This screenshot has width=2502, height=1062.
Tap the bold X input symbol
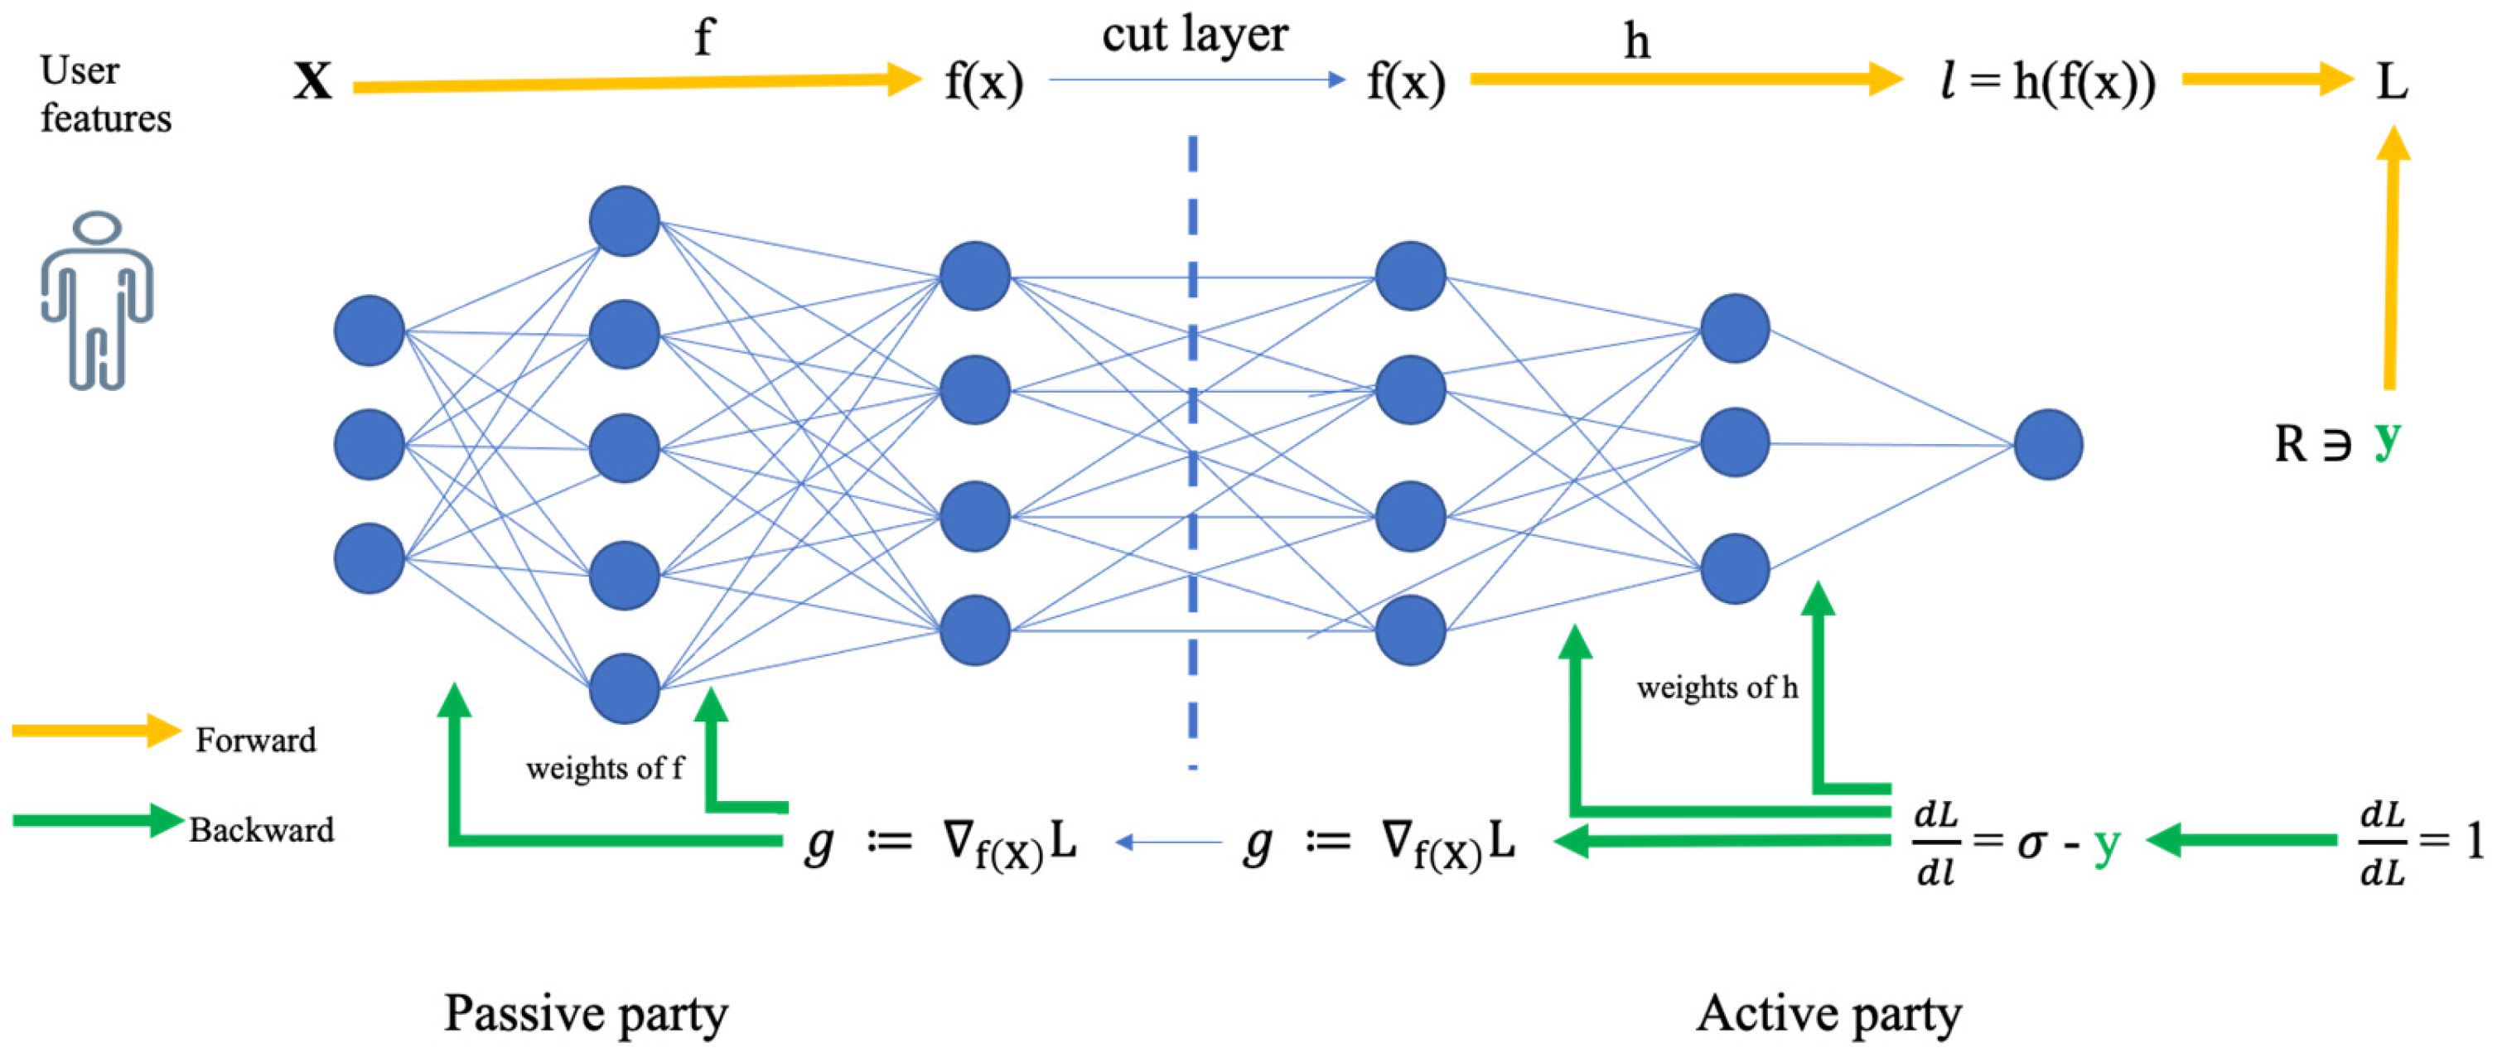point(313,81)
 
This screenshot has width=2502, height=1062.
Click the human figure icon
point(96,301)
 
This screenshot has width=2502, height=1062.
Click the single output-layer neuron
point(2047,445)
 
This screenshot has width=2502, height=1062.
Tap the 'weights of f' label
point(604,769)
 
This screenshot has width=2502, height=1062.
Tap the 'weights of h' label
point(1717,688)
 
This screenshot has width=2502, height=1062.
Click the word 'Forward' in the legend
point(255,741)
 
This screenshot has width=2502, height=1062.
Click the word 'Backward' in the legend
point(261,830)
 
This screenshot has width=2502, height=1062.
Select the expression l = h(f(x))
point(2046,81)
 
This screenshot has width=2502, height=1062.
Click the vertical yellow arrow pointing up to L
point(2391,262)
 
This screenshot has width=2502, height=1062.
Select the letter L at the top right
point(2391,81)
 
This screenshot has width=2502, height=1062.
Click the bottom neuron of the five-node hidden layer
point(625,688)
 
